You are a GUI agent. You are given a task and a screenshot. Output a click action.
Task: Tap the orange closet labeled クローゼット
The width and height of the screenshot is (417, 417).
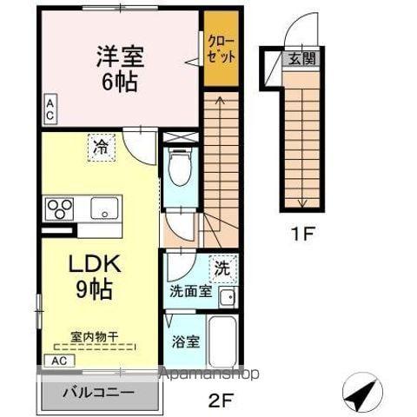[x=220, y=49]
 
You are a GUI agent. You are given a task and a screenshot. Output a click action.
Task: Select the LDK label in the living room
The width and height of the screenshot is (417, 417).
[x=89, y=262]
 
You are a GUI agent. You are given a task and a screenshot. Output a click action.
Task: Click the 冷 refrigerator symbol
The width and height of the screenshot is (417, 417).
[x=101, y=148]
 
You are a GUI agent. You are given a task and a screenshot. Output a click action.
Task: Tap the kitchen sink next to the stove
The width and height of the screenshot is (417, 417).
[x=105, y=208]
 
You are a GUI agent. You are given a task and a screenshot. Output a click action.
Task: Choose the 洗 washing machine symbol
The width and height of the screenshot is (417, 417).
[x=222, y=268]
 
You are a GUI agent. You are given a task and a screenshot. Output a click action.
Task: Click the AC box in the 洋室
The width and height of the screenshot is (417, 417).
[x=50, y=109]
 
